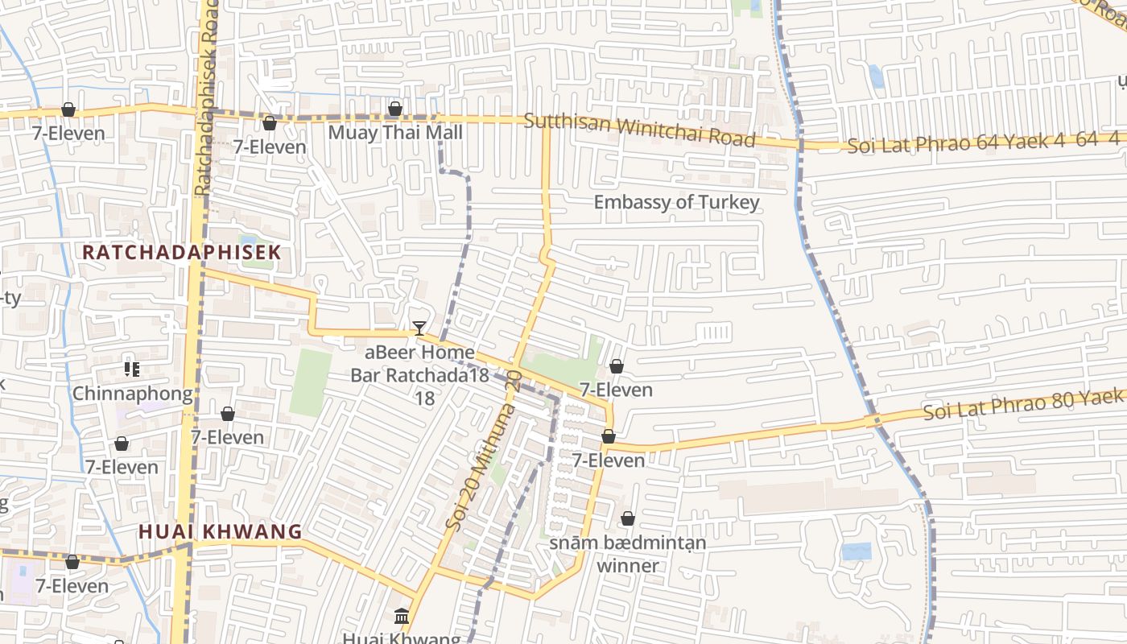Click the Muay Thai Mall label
[395, 132]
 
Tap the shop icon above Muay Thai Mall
[395, 109]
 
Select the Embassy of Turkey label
[676, 202]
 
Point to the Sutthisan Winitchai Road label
[640, 130]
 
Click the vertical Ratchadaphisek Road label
[207, 97]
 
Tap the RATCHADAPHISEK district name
[182, 252]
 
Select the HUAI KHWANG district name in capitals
[220, 532]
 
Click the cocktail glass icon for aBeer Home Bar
[419, 328]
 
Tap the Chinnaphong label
[133, 394]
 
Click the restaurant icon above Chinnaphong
[132, 369]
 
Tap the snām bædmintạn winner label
[628, 554]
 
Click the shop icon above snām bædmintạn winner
[628, 519]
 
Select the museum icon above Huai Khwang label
[402, 617]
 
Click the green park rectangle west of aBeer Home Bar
[311, 382]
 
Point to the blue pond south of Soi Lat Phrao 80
[856, 551]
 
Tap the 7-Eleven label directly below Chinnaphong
[228, 437]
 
